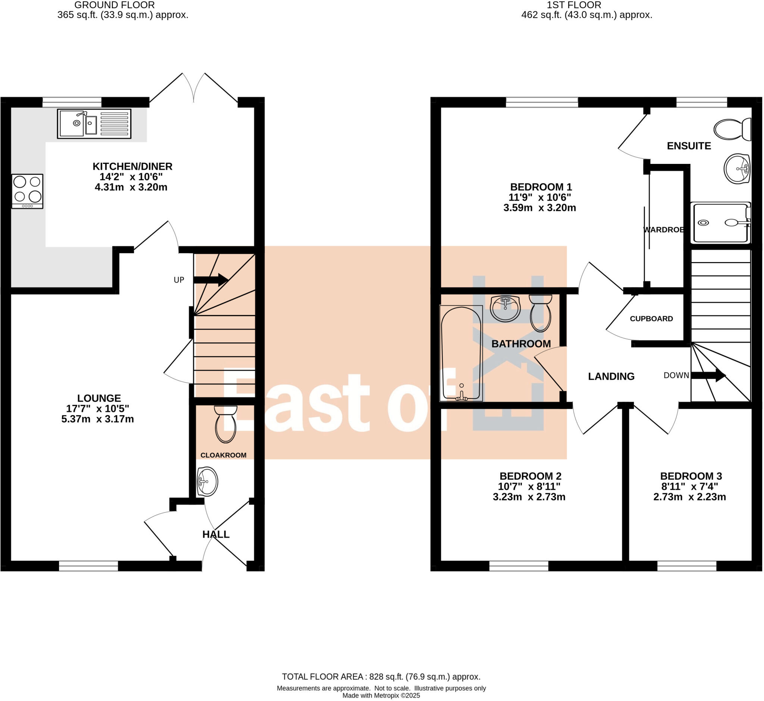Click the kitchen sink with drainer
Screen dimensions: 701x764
click(x=94, y=124)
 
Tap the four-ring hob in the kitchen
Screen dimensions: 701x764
click(x=27, y=191)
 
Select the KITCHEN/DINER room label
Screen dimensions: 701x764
click(x=132, y=166)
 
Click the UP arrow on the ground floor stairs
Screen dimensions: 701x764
click(x=210, y=280)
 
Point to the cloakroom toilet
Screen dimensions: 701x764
click(x=226, y=424)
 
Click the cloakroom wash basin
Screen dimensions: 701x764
click(x=207, y=482)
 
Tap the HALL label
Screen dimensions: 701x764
click(x=216, y=535)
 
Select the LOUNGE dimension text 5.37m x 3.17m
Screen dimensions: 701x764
click(x=97, y=419)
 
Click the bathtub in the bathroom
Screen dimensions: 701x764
click(x=461, y=353)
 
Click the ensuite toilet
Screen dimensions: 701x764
click(x=732, y=130)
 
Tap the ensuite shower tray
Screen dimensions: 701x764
click(x=720, y=223)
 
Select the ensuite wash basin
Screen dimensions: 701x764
click(x=737, y=168)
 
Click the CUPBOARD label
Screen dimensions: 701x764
click(x=651, y=319)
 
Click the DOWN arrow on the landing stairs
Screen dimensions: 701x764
click(x=708, y=376)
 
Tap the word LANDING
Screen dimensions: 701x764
click(x=611, y=377)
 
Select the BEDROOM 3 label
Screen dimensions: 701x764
click(x=691, y=476)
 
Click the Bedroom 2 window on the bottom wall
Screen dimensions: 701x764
click(x=519, y=566)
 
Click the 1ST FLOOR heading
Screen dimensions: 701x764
click(x=574, y=5)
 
